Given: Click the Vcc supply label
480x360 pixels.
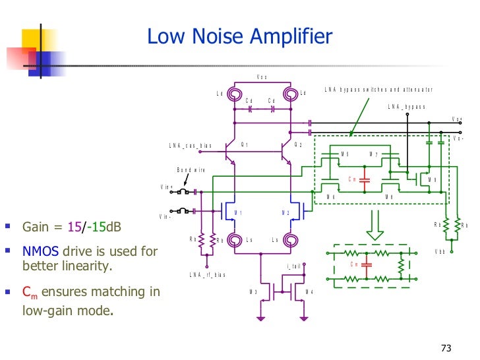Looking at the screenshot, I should pos(262,77).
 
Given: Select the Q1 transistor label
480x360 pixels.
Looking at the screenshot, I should pos(245,144).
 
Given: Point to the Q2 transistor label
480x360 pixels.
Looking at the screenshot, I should pos(298,144).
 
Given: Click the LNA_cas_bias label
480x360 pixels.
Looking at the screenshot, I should pos(190,145).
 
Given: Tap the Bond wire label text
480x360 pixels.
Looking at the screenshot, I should pos(191,170).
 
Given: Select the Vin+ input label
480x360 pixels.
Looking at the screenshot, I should pos(166,187).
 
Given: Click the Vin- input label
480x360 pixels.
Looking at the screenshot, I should pos(165,216).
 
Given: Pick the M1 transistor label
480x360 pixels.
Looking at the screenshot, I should pos(239,212).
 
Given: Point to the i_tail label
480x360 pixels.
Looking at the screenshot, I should pos(293,266).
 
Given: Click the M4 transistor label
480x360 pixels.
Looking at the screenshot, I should pos(309,292).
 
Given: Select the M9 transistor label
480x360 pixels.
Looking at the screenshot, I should pos(433,179).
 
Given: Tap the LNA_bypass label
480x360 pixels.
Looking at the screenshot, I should pos(407,106).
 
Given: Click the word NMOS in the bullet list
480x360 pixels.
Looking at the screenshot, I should pos(41,251).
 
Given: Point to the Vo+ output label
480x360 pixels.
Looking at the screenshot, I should pos(457,119).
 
